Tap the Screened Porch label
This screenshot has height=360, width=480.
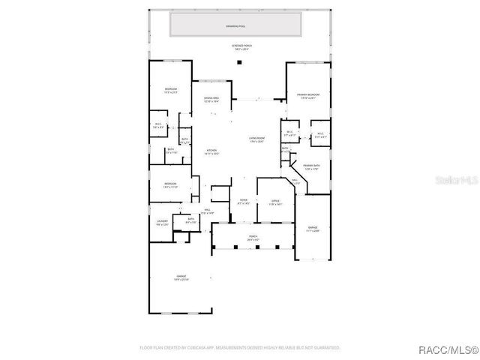[x=240, y=47]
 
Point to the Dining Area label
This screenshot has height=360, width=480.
[x=211, y=99]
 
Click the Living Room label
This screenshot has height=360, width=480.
[x=258, y=140]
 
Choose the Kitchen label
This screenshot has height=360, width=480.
[x=212, y=152]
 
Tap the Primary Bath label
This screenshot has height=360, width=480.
[x=311, y=167]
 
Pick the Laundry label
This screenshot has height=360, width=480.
[x=162, y=222]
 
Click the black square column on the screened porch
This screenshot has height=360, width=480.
[x=238, y=62]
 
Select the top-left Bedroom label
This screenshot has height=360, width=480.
[x=170, y=91]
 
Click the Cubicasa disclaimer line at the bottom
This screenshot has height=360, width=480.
[x=240, y=347]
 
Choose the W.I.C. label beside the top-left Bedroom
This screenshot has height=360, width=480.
[x=158, y=125]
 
